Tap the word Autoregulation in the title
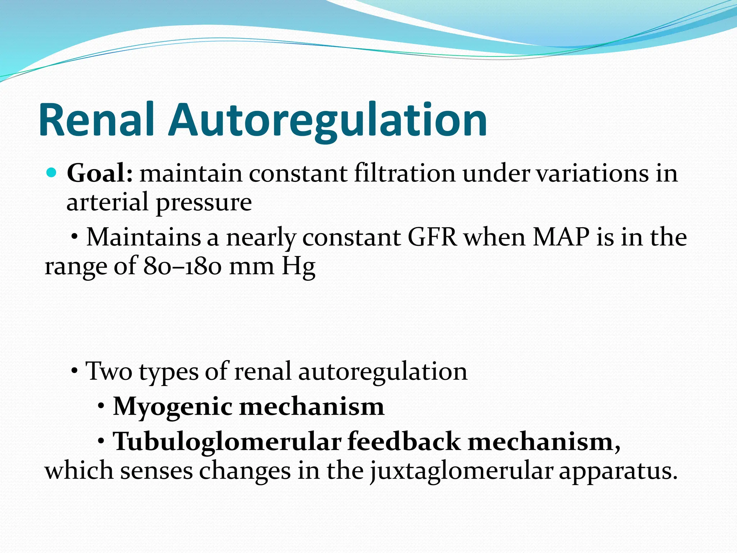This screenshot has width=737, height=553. (x=327, y=120)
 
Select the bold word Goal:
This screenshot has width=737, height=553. (x=100, y=174)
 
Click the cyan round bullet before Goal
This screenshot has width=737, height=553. (x=52, y=173)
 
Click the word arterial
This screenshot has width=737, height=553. (x=107, y=202)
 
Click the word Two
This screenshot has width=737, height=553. (x=109, y=371)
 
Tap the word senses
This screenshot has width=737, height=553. (x=156, y=471)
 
